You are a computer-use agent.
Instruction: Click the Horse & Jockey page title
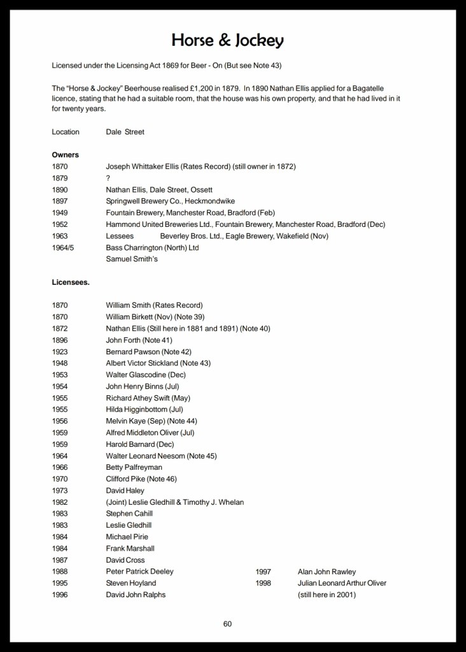pyautogui.click(x=227, y=41)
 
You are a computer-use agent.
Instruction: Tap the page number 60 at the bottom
pyautogui.click(x=227, y=623)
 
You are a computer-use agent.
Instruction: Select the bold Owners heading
pyautogui.click(x=65, y=155)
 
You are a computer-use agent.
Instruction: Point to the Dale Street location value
pyautogui.click(x=125, y=132)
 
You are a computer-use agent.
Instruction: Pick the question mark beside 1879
pyautogui.click(x=108, y=178)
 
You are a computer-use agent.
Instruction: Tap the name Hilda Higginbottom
pyautogui.click(x=136, y=409)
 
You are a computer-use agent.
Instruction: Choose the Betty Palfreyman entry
pyautogui.click(x=133, y=467)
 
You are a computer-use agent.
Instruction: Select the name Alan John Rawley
pyautogui.click(x=327, y=572)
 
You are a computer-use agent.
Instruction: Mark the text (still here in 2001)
pyautogui.click(x=327, y=595)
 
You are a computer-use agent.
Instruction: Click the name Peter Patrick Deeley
pyautogui.click(x=139, y=572)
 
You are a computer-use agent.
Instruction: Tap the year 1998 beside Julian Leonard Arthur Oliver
pyautogui.click(x=264, y=583)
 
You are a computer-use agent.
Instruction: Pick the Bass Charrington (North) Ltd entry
pyautogui.click(x=152, y=247)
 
